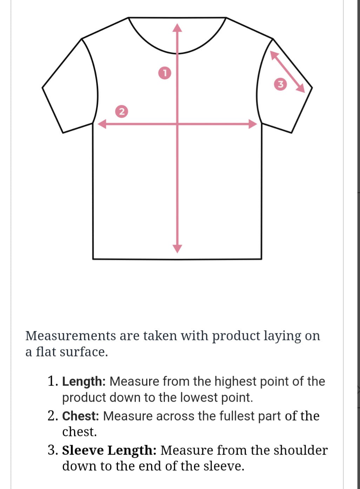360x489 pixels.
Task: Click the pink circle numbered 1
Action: click(x=165, y=73)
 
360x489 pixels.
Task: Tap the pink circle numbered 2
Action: click(x=121, y=111)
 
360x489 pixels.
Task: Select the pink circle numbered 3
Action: click(x=280, y=84)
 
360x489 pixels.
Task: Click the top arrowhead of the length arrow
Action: click(x=177, y=28)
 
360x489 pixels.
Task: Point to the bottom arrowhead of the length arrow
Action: click(x=177, y=249)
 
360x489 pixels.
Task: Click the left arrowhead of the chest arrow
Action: click(x=102, y=124)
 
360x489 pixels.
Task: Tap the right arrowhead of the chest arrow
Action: click(x=253, y=124)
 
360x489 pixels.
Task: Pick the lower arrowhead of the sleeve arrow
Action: click(x=301, y=89)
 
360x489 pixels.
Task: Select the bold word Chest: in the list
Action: click(x=81, y=416)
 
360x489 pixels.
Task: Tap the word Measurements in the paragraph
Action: click(x=71, y=335)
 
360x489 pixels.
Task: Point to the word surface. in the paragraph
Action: click(x=84, y=352)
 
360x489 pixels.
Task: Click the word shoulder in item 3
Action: click(x=301, y=450)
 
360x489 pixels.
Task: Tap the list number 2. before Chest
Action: click(x=53, y=416)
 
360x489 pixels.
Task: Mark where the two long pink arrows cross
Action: click(x=177, y=124)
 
